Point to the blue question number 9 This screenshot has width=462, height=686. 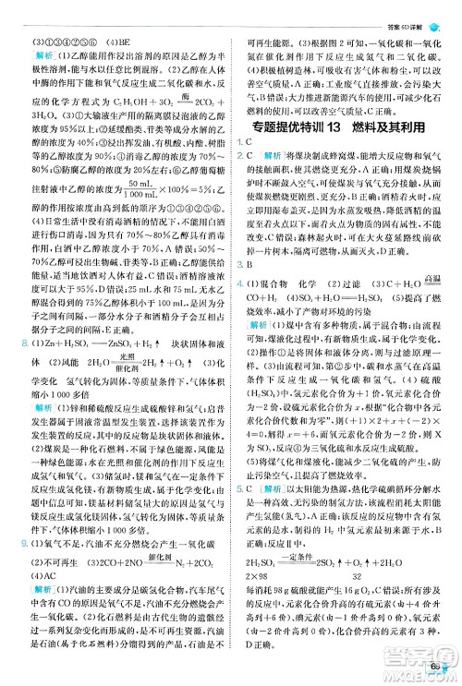point(22,544)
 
